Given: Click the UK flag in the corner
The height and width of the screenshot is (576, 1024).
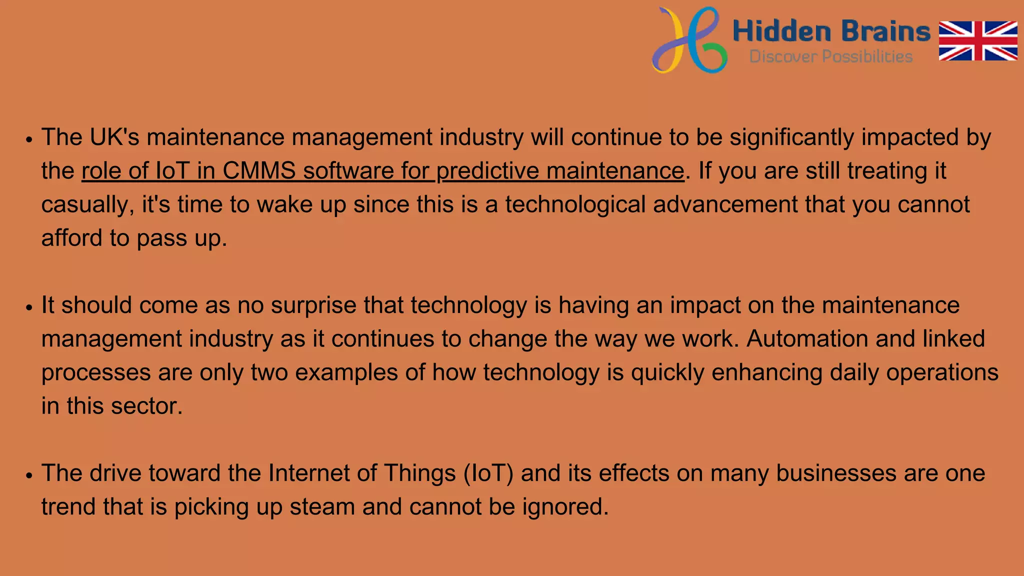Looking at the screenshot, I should point(978,40).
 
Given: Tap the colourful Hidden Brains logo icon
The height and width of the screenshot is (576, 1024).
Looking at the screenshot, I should point(689,40).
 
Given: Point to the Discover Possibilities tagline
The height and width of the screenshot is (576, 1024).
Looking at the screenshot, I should point(831,56).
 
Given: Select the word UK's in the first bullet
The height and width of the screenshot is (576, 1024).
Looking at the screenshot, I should point(114,137).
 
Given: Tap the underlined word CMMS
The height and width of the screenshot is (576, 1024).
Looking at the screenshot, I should point(259,170).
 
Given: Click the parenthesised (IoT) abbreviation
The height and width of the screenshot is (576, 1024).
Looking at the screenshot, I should point(488,473).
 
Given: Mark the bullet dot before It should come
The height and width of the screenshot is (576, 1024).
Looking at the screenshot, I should point(29,307).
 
